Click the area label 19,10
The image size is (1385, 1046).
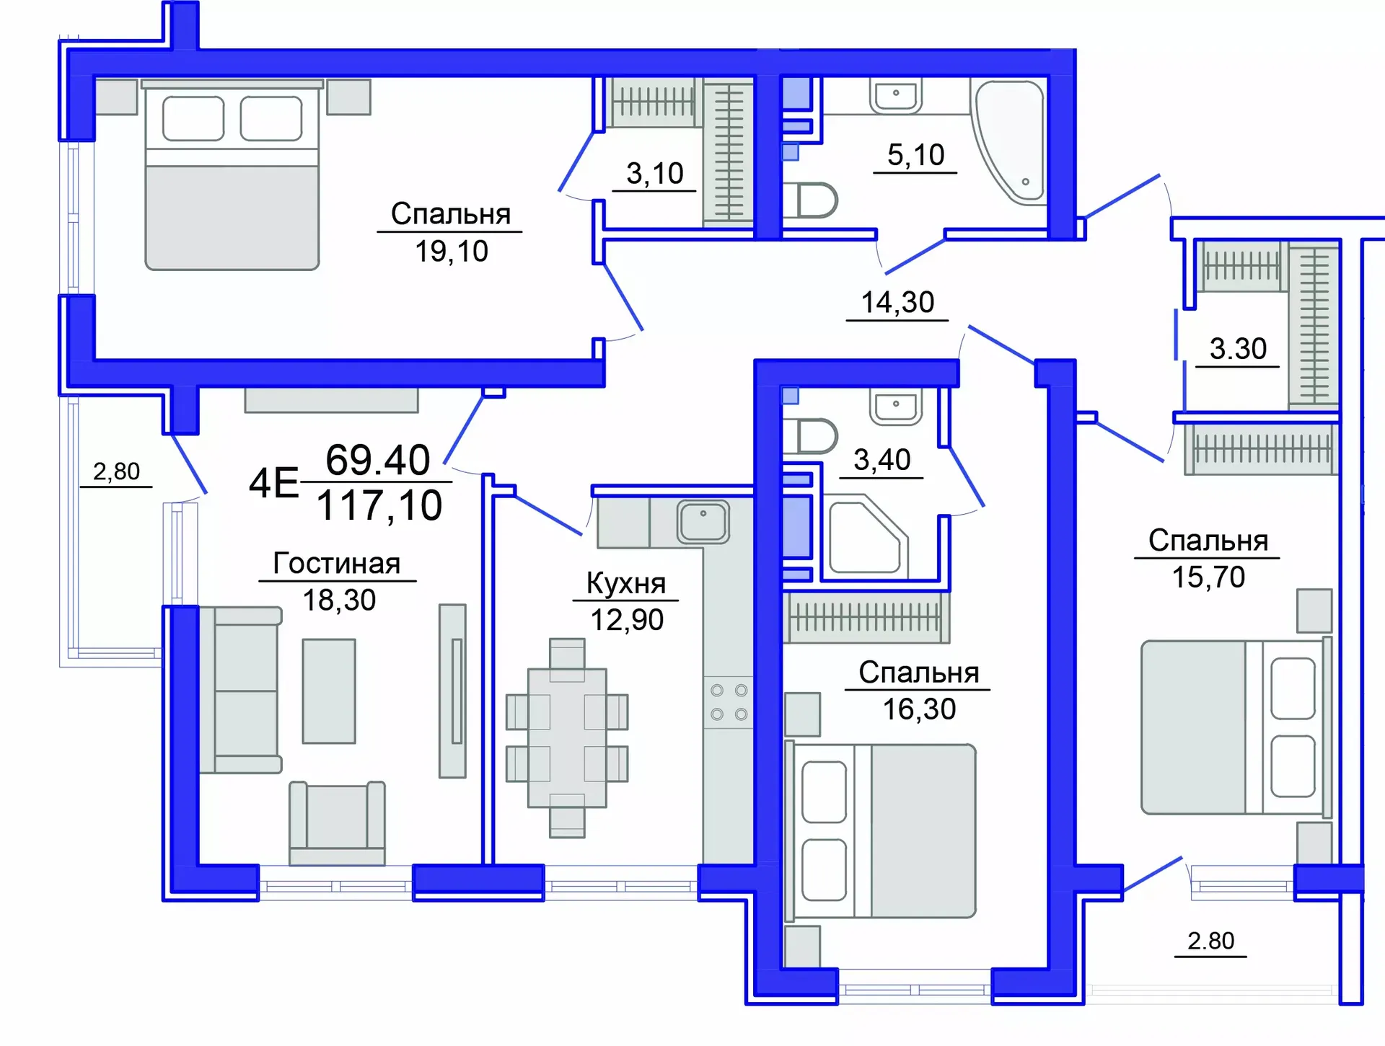[x=452, y=252]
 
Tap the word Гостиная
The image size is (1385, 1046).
[x=337, y=564]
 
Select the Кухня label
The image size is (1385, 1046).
[x=625, y=583]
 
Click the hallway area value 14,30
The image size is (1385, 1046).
[x=897, y=302]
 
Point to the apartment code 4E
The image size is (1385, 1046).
[x=273, y=483]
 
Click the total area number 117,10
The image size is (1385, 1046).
[x=379, y=505]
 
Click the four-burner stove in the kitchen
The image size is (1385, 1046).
[x=729, y=702]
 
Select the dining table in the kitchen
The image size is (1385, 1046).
[x=567, y=737]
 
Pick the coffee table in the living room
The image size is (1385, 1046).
[x=329, y=691]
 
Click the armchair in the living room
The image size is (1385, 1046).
[x=337, y=823]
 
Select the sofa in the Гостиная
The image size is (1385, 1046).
[x=242, y=691]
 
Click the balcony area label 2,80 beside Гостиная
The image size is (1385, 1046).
[x=116, y=471]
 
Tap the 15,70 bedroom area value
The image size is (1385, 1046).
[x=1208, y=577]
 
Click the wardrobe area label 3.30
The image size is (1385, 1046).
[x=1238, y=349]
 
